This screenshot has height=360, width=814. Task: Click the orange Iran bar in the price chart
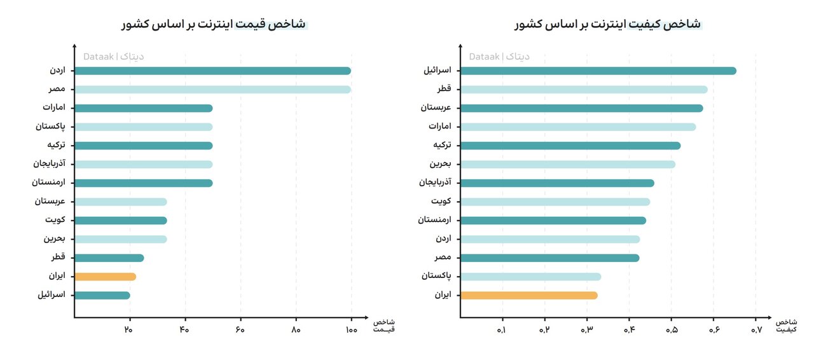coord(105,277)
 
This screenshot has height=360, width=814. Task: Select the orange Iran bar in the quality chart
coord(528,295)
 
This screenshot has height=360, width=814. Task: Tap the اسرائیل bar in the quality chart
coord(598,71)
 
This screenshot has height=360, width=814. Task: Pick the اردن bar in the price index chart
coord(212,71)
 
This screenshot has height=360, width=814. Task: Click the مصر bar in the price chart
coord(212,90)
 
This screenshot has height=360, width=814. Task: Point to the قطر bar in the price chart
coord(109,258)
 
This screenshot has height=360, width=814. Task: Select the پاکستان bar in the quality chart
coord(530,277)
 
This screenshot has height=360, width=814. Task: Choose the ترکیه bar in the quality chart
coord(570,146)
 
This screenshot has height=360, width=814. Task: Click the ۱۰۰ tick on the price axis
coord(351,329)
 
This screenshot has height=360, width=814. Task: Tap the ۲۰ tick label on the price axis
coord(129,329)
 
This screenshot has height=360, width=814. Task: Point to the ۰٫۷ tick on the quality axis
coord(755,330)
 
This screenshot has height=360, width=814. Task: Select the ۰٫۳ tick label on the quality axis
coord(586,330)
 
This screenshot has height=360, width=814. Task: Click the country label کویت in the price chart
coord(55,221)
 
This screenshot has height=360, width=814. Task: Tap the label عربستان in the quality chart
coord(436,108)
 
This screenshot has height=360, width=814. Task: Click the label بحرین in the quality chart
coord(440,164)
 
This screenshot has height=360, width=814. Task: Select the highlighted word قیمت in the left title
coord(251,24)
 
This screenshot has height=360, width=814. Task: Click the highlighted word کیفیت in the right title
coord(644,24)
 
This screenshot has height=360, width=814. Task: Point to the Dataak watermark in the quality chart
coord(499,57)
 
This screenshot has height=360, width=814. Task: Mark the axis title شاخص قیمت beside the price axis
coord(383,325)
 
